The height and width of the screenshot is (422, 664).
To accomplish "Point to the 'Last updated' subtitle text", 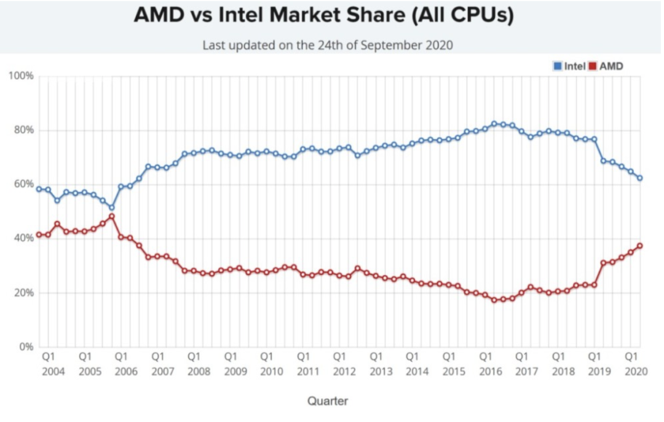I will [x=328, y=45].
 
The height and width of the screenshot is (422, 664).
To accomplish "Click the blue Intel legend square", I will [x=558, y=66].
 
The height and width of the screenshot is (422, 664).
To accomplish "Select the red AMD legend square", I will [x=593, y=66].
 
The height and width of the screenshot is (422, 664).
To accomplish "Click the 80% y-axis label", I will [x=23, y=130].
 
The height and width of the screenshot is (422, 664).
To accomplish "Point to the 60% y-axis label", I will [x=23, y=184].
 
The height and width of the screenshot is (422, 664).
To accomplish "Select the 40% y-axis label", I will [x=23, y=238].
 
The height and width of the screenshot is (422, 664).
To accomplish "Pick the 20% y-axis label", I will [x=23, y=292].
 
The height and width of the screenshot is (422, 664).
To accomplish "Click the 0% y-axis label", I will [x=25, y=346].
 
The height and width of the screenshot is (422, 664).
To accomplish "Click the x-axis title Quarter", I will [x=328, y=401].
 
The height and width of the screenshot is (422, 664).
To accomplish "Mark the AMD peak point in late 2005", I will [x=111, y=217].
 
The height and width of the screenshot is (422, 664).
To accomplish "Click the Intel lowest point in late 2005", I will [x=111, y=207].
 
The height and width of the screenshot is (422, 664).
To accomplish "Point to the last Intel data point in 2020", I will [x=640, y=178].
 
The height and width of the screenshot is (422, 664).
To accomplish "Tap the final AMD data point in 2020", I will [x=640, y=245].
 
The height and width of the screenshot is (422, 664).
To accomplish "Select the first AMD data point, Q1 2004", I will [x=39, y=234].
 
